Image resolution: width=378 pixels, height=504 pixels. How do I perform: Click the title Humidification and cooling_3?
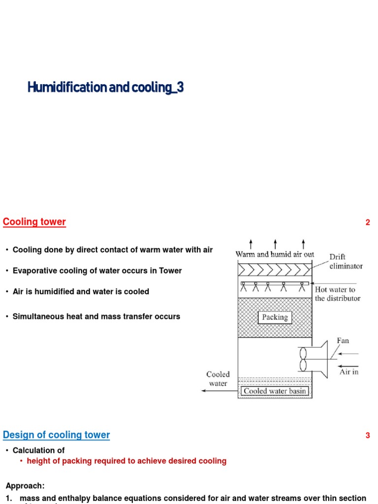[x=106, y=88]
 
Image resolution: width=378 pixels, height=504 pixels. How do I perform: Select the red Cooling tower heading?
[x=34, y=221]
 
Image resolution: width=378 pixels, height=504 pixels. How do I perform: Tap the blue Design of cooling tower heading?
[x=57, y=435]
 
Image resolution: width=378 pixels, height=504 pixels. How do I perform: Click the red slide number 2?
[x=367, y=222]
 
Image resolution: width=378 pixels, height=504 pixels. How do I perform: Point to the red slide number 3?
[x=367, y=436]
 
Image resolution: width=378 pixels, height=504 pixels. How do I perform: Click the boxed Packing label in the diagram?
[x=275, y=317]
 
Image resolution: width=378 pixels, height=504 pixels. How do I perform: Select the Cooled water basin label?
[x=275, y=391]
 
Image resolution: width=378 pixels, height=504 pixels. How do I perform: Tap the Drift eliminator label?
[x=346, y=261]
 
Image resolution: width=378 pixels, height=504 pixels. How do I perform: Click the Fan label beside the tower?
[x=343, y=340]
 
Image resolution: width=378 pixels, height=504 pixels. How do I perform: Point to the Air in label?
[x=349, y=372]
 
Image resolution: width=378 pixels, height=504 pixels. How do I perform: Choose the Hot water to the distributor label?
[x=337, y=294]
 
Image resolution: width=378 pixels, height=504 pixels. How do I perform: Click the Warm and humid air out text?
[x=275, y=254]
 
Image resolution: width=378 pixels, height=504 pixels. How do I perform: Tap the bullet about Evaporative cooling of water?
[x=97, y=271]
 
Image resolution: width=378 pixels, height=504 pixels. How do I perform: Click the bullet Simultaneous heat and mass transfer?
[x=96, y=316]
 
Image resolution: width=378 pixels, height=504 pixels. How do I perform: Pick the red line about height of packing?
[x=126, y=461]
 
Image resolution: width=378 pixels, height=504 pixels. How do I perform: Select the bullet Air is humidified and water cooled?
[x=81, y=291]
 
